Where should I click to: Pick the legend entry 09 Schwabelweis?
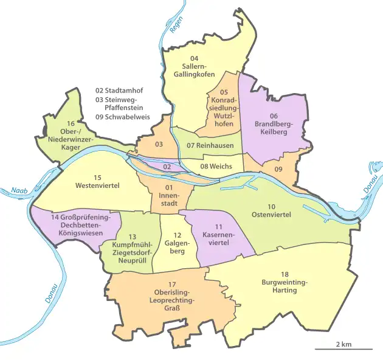pos(126,117)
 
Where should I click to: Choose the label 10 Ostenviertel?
pos(271,210)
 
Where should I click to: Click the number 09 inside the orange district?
pos(278,168)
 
